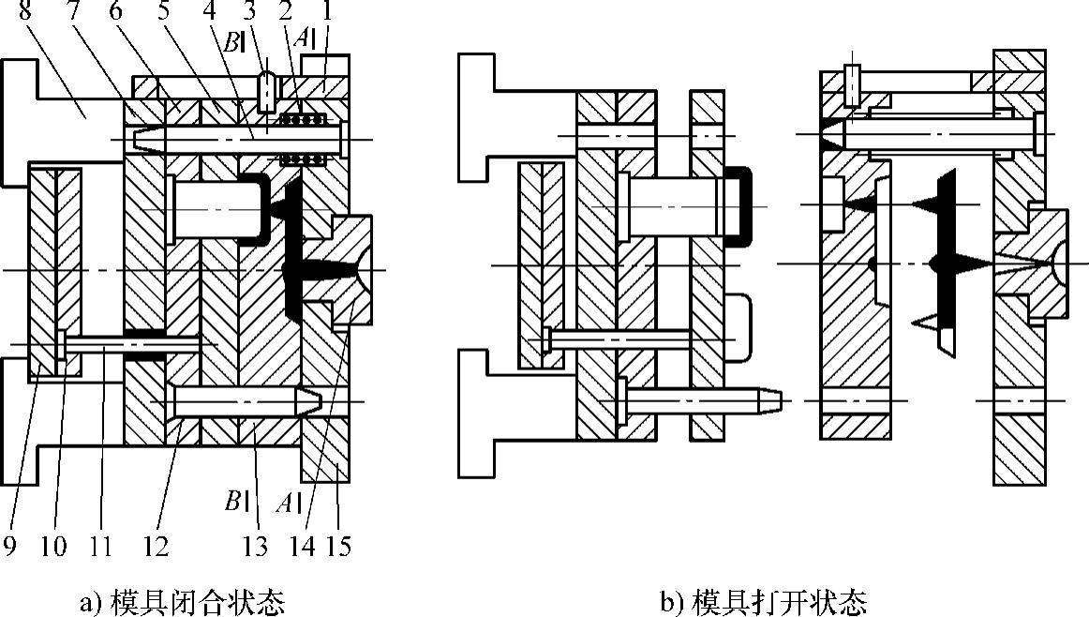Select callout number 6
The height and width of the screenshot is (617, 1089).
(x=115, y=13)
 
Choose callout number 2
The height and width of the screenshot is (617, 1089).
(x=291, y=13)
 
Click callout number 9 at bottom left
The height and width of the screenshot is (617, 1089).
(x=11, y=545)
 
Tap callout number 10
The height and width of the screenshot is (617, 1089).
(x=52, y=545)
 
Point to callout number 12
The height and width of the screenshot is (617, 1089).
(x=156, y=545)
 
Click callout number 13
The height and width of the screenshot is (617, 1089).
(x=254, y=545)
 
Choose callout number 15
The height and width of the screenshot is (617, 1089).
(x=339, y=545)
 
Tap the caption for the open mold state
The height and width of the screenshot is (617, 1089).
(x=764, y=601)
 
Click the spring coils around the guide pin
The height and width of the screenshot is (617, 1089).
(x=302, y=119)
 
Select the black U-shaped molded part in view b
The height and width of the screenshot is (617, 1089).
(x=740, y=206)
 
